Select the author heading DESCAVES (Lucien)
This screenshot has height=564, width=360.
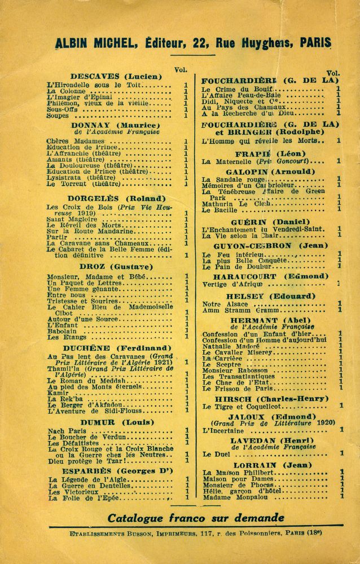coord(116,76)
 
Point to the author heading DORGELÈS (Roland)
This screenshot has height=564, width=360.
coord(116,199)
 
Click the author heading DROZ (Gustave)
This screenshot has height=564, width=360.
coord(116,266)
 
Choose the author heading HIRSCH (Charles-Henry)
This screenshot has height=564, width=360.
coord(270,398)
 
